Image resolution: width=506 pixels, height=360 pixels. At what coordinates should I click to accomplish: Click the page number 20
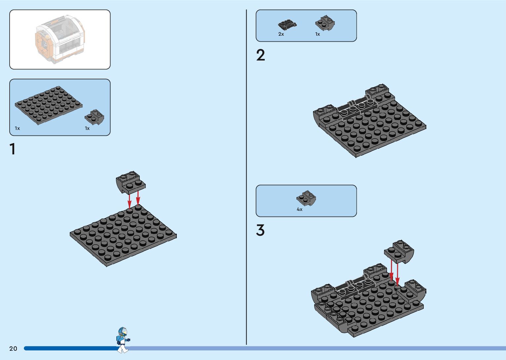[13, 348]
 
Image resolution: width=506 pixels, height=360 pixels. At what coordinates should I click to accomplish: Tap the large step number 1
[13, 149]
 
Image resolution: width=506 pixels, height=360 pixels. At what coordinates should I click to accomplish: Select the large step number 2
[260, 55]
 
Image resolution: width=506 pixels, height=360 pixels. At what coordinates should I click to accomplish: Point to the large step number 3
[260, 230]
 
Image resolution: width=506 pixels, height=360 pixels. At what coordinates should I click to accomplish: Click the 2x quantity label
[281, 34]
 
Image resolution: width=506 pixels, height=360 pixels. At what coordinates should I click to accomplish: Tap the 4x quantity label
[299, 209]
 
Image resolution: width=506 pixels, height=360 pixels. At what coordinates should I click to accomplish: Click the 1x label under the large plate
[17, 128]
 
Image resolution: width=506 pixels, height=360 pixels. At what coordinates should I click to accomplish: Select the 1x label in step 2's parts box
[317, 34]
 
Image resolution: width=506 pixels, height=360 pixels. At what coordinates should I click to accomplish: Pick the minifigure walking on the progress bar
[123, 340]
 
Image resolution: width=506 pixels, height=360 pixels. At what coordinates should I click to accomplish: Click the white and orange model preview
[59, 39]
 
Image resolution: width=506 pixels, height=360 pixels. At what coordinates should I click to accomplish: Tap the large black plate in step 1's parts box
[48, 105]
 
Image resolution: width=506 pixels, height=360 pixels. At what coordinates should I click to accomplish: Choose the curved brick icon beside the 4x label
[306, 198]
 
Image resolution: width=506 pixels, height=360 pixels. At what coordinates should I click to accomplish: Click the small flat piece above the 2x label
[287, 24]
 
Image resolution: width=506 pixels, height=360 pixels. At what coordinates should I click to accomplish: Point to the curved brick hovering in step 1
[131, 182]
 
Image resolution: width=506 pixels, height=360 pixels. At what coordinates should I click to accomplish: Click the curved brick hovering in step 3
[399, 251]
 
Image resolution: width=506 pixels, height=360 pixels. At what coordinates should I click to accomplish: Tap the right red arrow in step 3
[397, 273]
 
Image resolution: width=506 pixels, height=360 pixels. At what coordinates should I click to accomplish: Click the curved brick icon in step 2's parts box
[325, 22]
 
